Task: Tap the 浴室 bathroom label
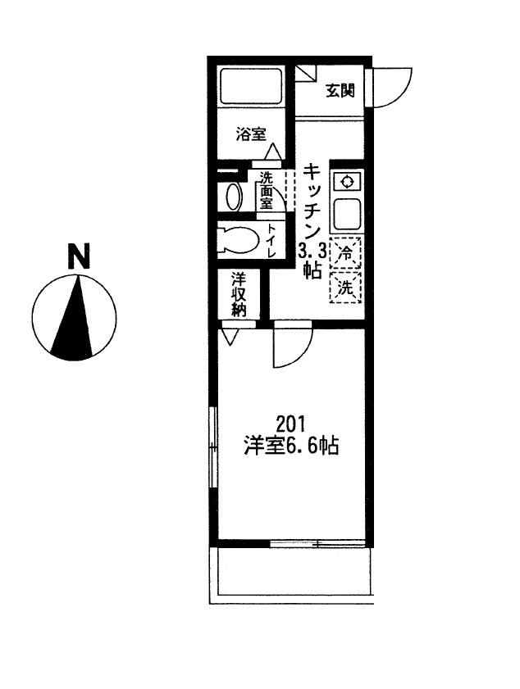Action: tap(251, 134)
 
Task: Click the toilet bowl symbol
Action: tap(238, 240)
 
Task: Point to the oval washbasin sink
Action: tap(234, 197)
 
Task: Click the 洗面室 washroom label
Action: tap(267, 191)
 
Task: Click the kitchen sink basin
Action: tap(347, 214)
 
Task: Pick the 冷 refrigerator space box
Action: tap(346, 252)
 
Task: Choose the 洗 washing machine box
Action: tap(346, 288)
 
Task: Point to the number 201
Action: tap(290, 424)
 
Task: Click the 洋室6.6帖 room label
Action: tap(291, 446)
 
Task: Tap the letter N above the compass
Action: tap(79, 256)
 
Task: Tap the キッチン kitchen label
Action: tap(312, 201)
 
